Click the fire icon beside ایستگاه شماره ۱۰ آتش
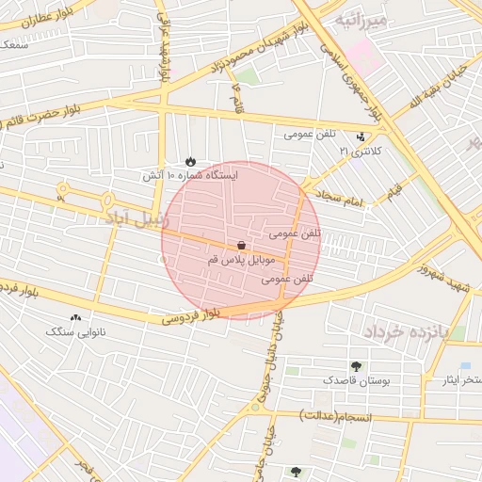[191, 161]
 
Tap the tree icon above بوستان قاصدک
[355, 366]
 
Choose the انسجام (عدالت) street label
[337, 415]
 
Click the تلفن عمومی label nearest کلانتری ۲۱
[312, 135]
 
